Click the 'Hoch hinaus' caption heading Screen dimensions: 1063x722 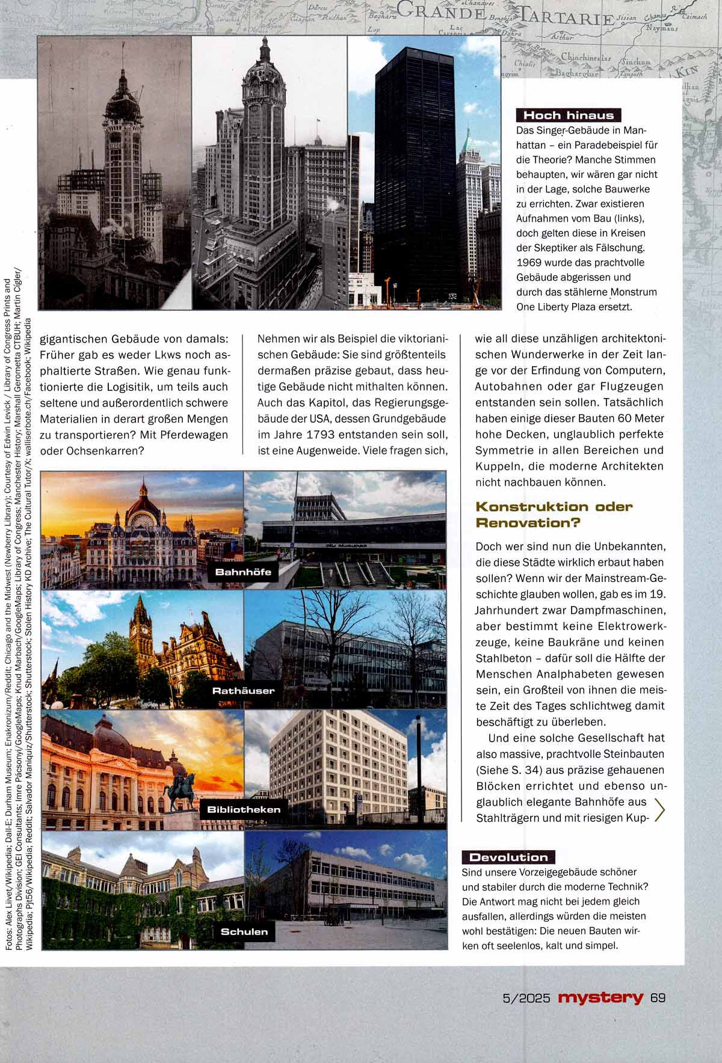point(569,115)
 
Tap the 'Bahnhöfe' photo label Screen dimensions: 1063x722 point(243,572)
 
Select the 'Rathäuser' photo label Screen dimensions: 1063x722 point(243,691)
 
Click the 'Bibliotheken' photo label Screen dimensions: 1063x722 point(243,809)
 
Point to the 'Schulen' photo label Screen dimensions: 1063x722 point(244,931)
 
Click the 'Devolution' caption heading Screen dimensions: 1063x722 point(508,857)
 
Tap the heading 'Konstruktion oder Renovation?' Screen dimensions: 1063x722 point(554,514)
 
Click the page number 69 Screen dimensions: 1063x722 point(658,997)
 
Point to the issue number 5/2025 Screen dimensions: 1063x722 point(526,998)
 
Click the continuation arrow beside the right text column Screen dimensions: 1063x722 point(659,810)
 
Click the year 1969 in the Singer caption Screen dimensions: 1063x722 point(529,263)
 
